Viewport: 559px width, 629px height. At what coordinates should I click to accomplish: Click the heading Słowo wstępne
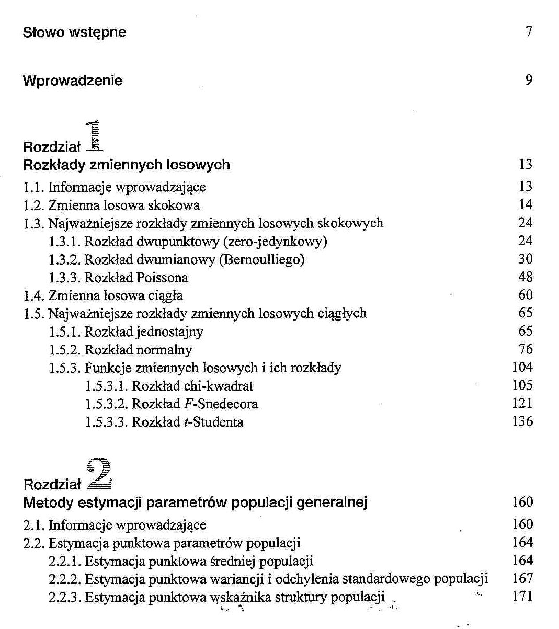coord(74,32)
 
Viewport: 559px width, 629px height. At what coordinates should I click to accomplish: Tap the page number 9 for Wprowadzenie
coord(529,80)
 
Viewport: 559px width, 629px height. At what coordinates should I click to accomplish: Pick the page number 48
coord(525,277)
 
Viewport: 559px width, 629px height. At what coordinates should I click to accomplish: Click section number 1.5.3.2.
coord(106,404)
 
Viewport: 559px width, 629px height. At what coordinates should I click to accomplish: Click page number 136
coord(522,421)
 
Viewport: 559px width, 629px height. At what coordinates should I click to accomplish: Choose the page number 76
coord(525,349)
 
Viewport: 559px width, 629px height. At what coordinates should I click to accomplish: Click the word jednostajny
coord(170,332)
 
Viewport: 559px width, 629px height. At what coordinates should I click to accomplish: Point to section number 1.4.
coord(34,296)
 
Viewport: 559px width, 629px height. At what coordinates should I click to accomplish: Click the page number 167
coord(522,579)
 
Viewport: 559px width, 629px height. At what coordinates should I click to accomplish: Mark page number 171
coord(522,597)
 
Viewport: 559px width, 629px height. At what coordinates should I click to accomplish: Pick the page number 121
coord(522,404)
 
